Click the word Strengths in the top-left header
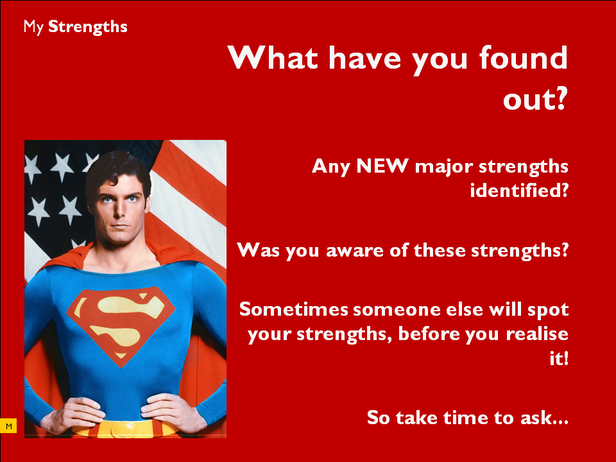point(88,27)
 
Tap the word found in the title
point(524,58)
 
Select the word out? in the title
point(535,99)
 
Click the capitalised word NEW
point(382,166)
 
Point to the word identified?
point(519,191)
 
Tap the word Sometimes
point(294,309)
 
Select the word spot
point(548,310)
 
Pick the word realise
point(537,334)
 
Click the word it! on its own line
point(559,358)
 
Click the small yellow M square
point(8,426)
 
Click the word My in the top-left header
point(33,28)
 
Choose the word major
point(444,167)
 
